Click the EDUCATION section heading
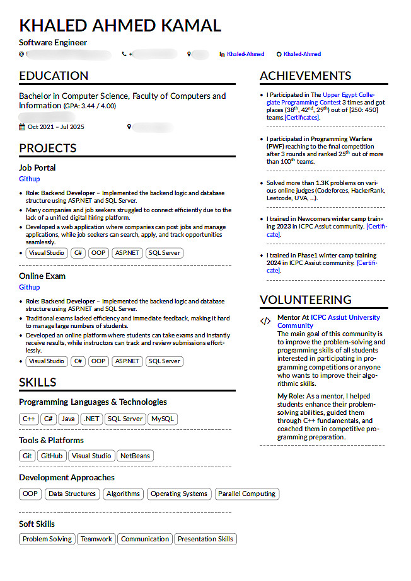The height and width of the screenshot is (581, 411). (x=54, y=76)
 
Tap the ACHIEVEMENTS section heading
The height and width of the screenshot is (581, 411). (x=305, y=76)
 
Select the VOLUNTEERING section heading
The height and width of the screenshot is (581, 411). (x=305, y=300)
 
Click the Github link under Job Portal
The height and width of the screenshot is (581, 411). (x=30, y=179)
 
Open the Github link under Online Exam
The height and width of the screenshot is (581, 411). (x=30, y=287)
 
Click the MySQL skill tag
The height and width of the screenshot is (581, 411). (x=163, y=419)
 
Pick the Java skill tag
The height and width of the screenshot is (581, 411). (x=69, y=419)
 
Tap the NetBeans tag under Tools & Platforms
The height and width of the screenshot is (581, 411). (x=135, y=456)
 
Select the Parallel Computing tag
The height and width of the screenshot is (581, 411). (x=246, y=494)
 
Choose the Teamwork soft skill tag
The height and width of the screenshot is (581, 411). (x=96, y=539)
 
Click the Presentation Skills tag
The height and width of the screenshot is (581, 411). (x=205, y=539)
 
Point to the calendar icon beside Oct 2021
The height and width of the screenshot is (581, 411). (x=22, y=127)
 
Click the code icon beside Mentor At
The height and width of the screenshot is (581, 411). (x=265, y=321)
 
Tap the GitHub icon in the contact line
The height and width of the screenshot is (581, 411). (x=279, y=55)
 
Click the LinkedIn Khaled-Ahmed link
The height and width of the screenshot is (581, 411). (x=245, y=55)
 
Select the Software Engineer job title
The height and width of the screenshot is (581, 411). (x=53, y=43)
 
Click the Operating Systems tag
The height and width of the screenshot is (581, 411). (x=179, y=494)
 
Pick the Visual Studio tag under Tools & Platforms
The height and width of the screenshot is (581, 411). (x=91, y=456)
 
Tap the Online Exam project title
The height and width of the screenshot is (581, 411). (x=42, y=276)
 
